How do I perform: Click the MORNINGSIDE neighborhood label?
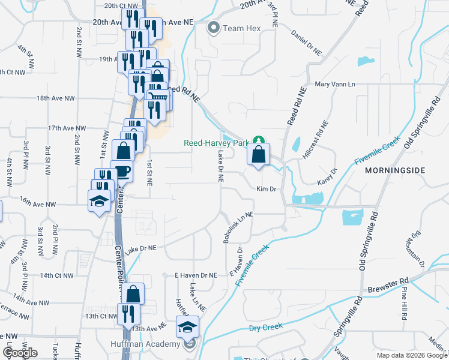click(x=394, y=170)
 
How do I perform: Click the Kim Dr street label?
click(x=266, y=189)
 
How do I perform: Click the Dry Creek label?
click(x=265, y=328)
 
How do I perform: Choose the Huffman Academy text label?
click(x=145, y=344)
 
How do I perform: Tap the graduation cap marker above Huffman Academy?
click(x=186, y=328)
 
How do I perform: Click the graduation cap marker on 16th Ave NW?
click(x=98, y=200)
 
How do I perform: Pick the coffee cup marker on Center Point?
click(x=122, y=171)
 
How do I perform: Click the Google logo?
click(x=20, y=353)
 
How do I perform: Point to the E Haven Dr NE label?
click(x=195, y=275)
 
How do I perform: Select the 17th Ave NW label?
click(x=67, y=128)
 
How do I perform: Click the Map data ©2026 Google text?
click(x=412, y=355)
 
